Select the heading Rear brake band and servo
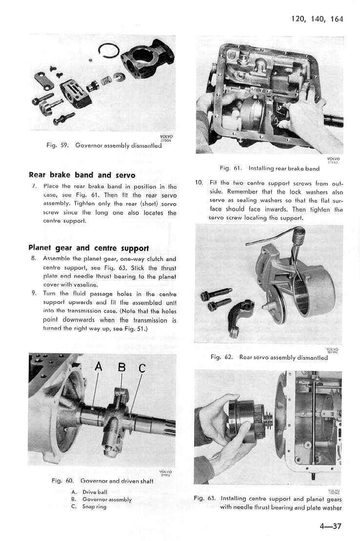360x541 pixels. tap(75, 175)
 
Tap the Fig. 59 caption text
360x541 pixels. tap(106, 145)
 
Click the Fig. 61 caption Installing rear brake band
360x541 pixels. tap(269, 168)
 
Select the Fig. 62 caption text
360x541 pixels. tap(269, 357)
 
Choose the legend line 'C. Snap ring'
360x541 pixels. tap(88, 506)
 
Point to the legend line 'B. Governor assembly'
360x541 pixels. tap(101, 500)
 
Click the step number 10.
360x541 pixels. tap(199, 183)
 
